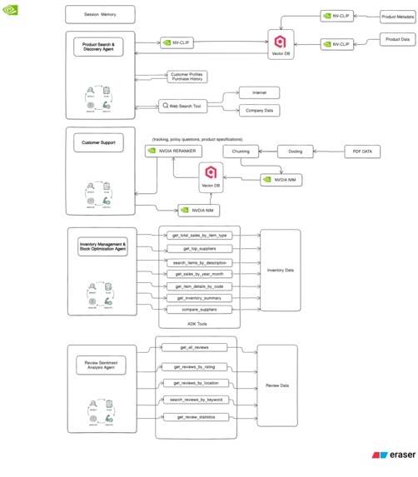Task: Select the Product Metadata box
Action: click(x=396, y=16)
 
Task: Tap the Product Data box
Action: click(x=396, y=39)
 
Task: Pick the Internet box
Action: click(x=259, y=92)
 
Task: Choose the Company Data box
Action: click(x=259, y=111)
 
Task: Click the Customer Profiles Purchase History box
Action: click(x=186, y=77)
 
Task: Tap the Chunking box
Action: click(x=241, y=152)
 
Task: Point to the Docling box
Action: click(x=296, y=152)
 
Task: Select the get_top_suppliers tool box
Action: click(x=199, y=248)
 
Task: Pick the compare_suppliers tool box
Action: click(x=199, y=310)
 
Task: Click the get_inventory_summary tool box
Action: click(x=199, y=297)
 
